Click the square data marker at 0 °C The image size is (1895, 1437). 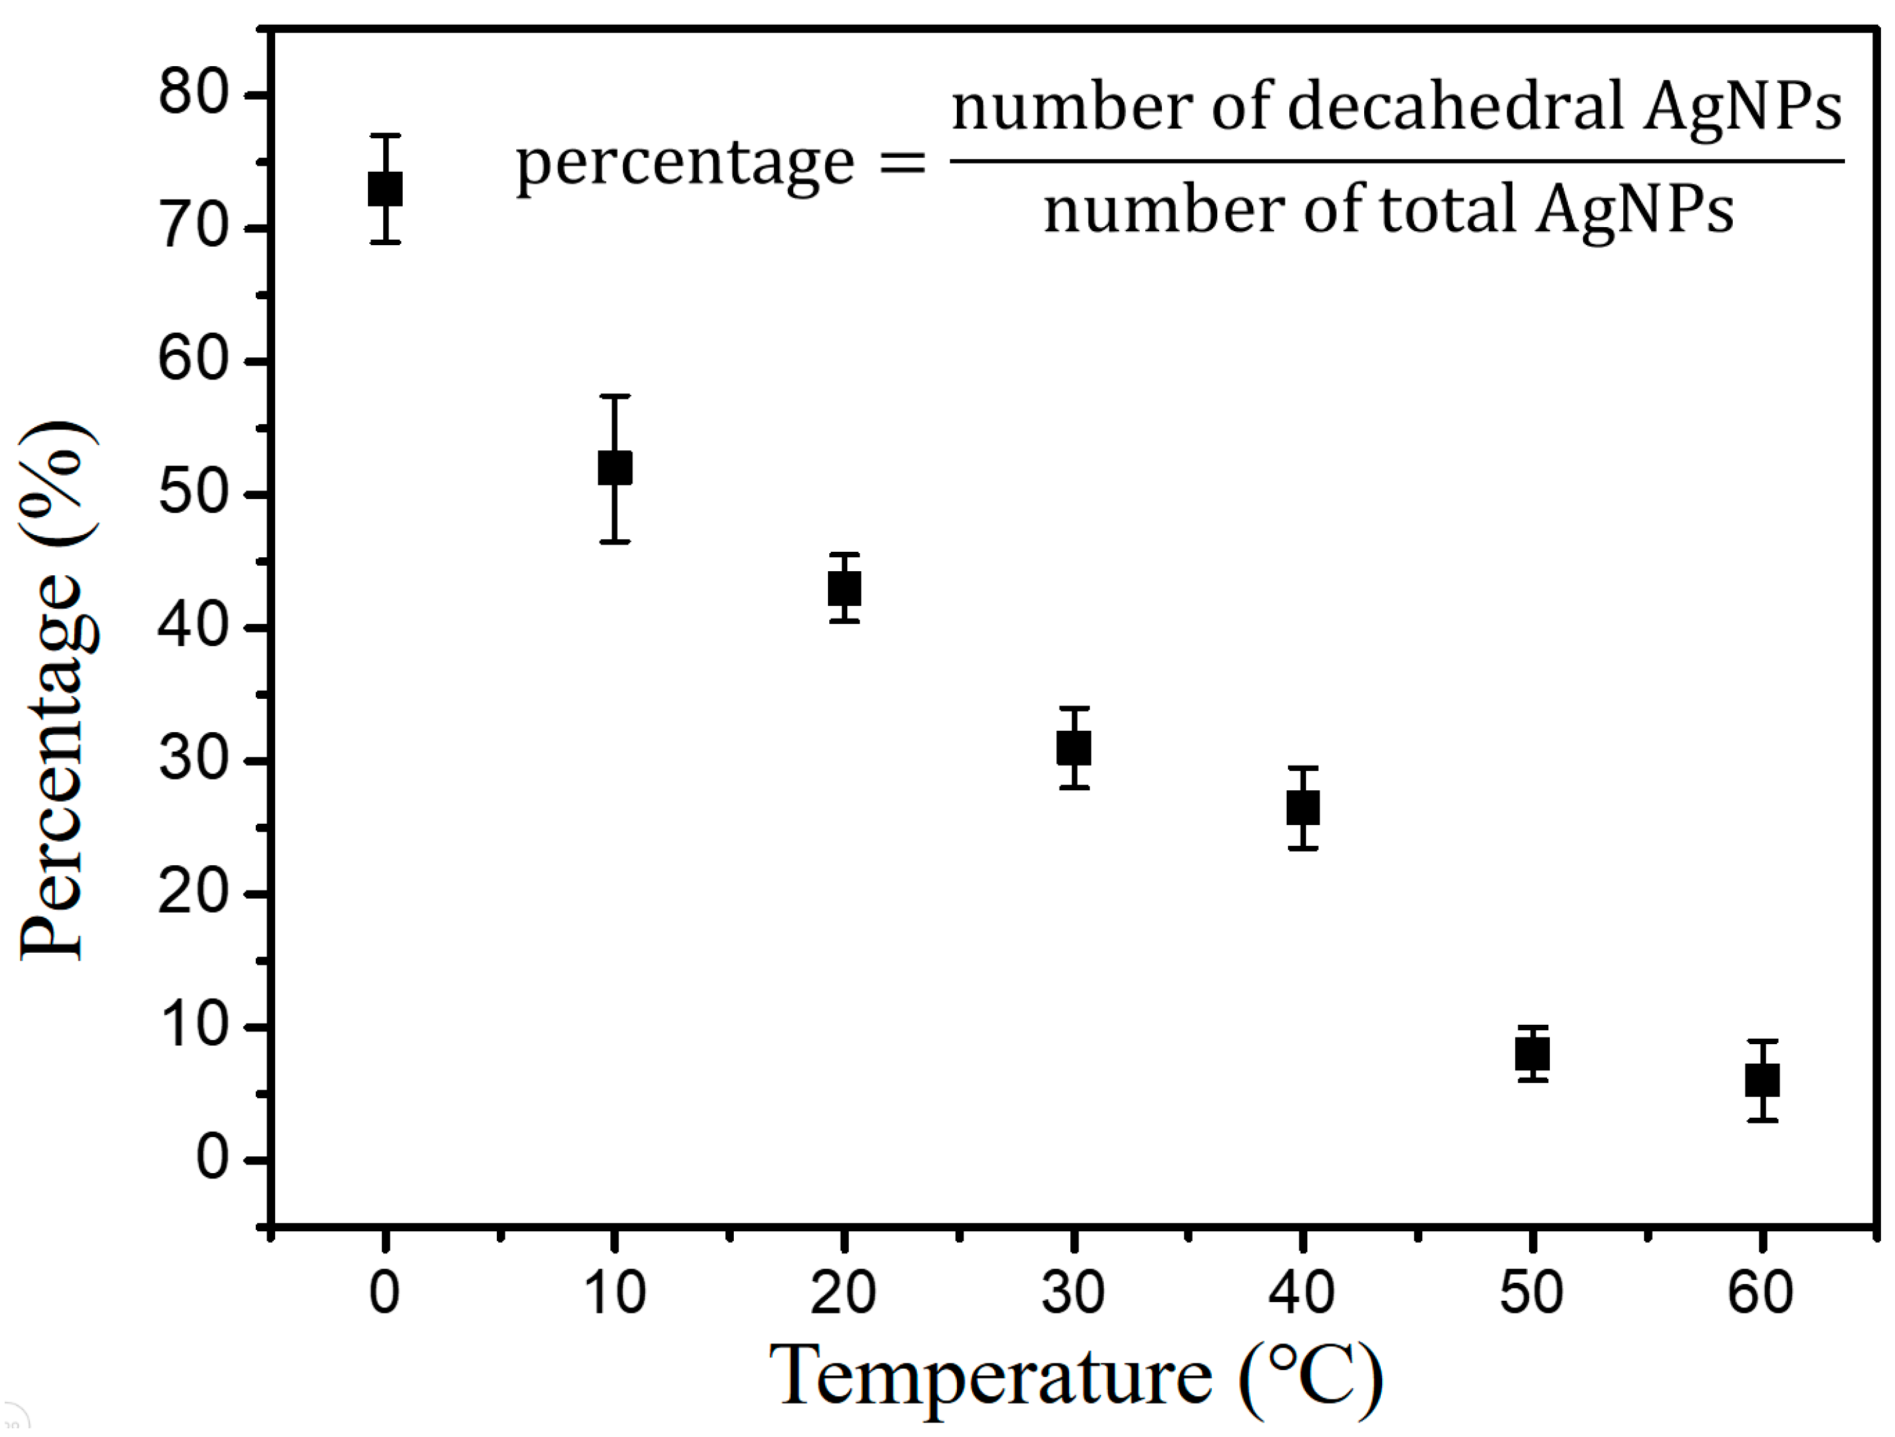[x=385, y=189]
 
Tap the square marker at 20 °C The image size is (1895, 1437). [x=845, y=589]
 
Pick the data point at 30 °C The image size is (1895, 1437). [x=1074, y=748]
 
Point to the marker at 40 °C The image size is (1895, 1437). [x=1303, y=808]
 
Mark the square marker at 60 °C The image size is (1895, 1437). [x=1762, y=1080]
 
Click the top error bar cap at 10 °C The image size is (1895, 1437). [x=615, y=396]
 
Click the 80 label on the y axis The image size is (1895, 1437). [x=194, y=94]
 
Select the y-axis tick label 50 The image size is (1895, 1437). [x=194, y=494]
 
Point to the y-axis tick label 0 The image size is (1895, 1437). [x=212, y=1158]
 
